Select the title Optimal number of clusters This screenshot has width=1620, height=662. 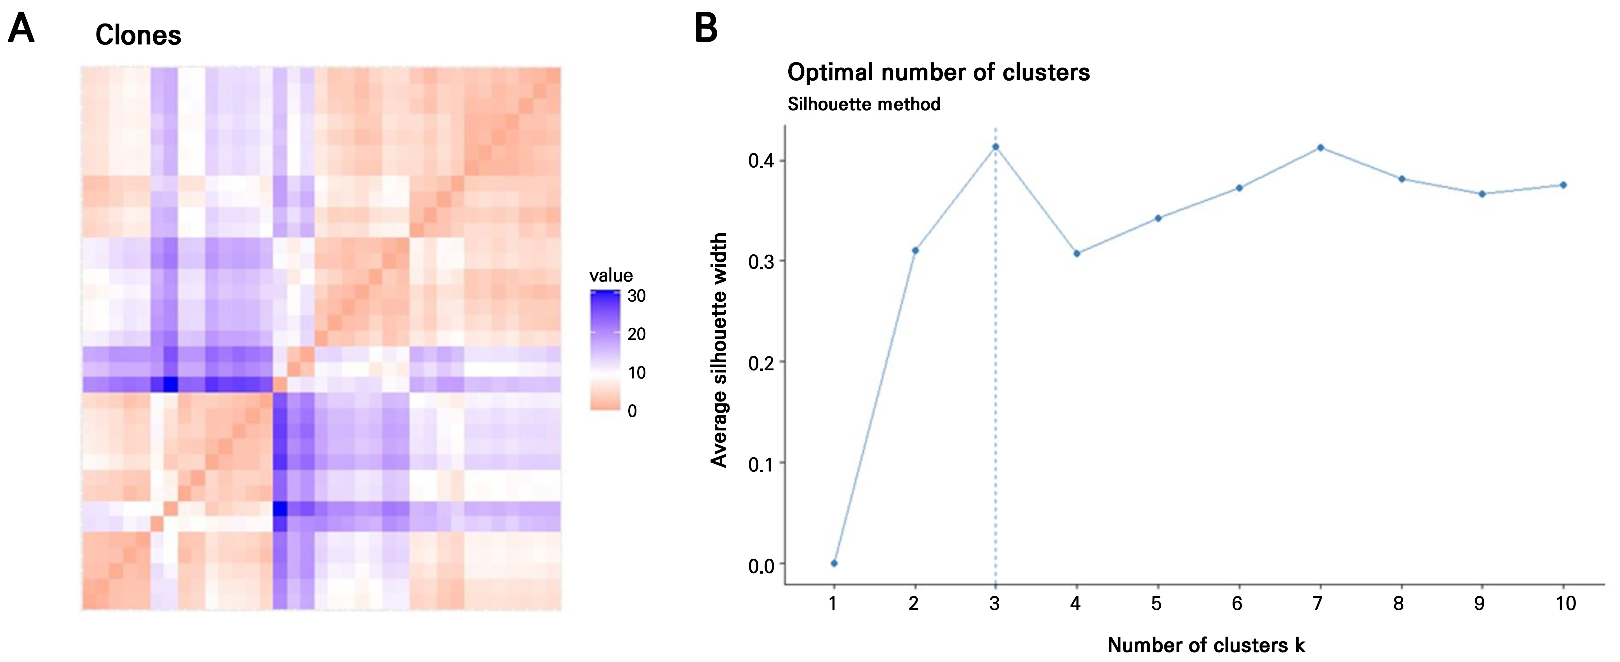(938, 72)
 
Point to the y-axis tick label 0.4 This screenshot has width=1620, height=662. (761, 161)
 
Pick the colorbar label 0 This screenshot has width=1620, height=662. (632, 411)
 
